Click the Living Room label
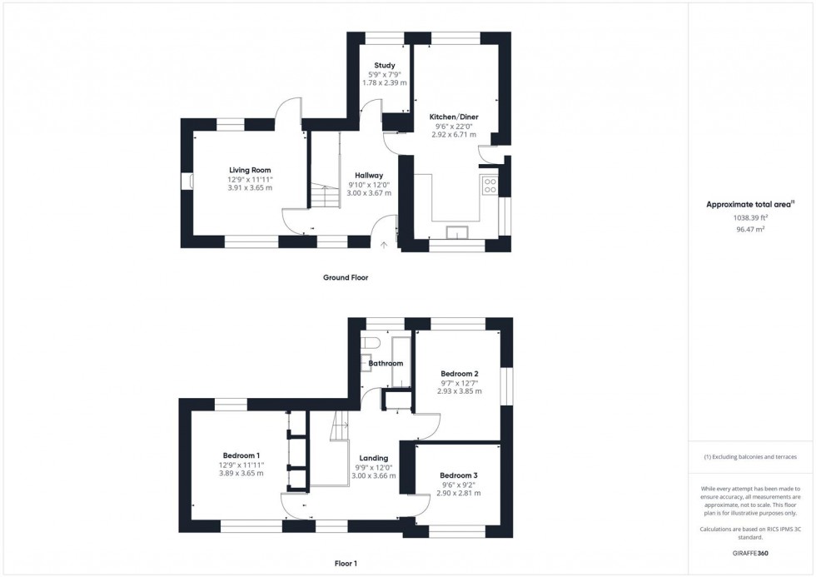coord(250,171)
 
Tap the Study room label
coord(384,65)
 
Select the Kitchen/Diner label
coord(454,117)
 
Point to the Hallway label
coord(369,176)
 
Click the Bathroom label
coord(386,364)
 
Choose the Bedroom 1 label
coord(241,455)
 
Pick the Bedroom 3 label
coord(459,475)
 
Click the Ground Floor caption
coord(346,277)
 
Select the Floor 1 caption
coord(341,564)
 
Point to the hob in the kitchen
coord(490,186)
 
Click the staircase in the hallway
coord(326,197)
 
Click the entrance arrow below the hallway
coord(384,245)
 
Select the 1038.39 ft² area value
coord(751,217)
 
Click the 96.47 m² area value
coord(751,228)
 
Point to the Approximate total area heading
coord(750,204)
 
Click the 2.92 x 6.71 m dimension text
coord(454,134)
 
